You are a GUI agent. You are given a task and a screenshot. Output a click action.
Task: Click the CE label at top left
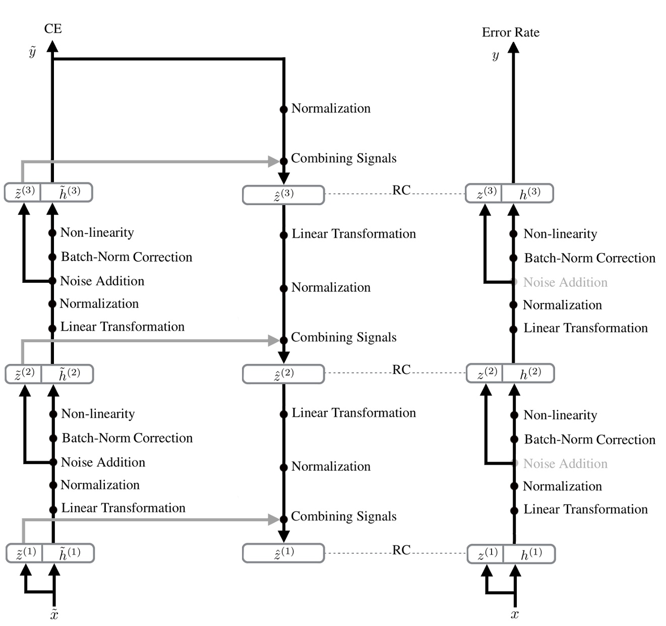[x=53, y=29]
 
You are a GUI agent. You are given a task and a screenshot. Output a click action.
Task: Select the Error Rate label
[x=510, y=33]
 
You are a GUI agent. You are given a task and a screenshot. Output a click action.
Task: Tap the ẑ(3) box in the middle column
[x=283, y=195]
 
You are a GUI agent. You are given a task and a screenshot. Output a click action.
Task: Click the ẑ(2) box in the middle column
[x=283, y=374]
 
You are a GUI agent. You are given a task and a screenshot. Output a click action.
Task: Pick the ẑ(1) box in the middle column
[x=283, y=553]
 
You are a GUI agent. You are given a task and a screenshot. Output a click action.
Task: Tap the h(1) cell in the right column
[x=531, y=554]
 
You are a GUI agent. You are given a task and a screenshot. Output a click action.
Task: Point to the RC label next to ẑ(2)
[x=401, y=370]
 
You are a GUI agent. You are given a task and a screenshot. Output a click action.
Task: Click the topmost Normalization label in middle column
[x=331, y=108]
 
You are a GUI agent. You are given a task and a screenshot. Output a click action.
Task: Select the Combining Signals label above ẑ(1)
[x=343, y=516]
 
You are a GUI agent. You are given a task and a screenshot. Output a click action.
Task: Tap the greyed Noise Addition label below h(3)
[x=565, y=282]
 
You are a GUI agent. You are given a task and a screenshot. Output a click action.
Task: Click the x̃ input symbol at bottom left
[x=54, y=614]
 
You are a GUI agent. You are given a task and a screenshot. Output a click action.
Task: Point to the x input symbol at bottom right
[x=515, y=614]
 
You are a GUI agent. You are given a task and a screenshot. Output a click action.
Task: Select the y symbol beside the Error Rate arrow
[x=496, y=55]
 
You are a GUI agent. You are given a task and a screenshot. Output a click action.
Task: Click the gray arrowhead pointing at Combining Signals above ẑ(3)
[x=274, y=161]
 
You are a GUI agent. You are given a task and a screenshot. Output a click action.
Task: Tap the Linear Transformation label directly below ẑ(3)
[x=353, y=234]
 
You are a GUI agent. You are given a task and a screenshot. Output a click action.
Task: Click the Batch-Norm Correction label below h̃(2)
[x=127, y=438]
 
